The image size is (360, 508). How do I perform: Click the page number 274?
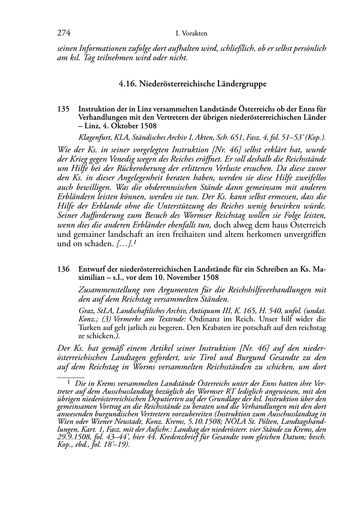click(x=63, y=33)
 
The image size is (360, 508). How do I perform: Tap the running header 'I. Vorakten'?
click(x=191, y=34)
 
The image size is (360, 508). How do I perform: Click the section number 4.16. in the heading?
click(x=127, y=84)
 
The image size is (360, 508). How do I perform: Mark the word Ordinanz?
click(x=204, y=319)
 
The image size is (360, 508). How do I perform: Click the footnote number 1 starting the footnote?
click(x=68, y=382)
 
